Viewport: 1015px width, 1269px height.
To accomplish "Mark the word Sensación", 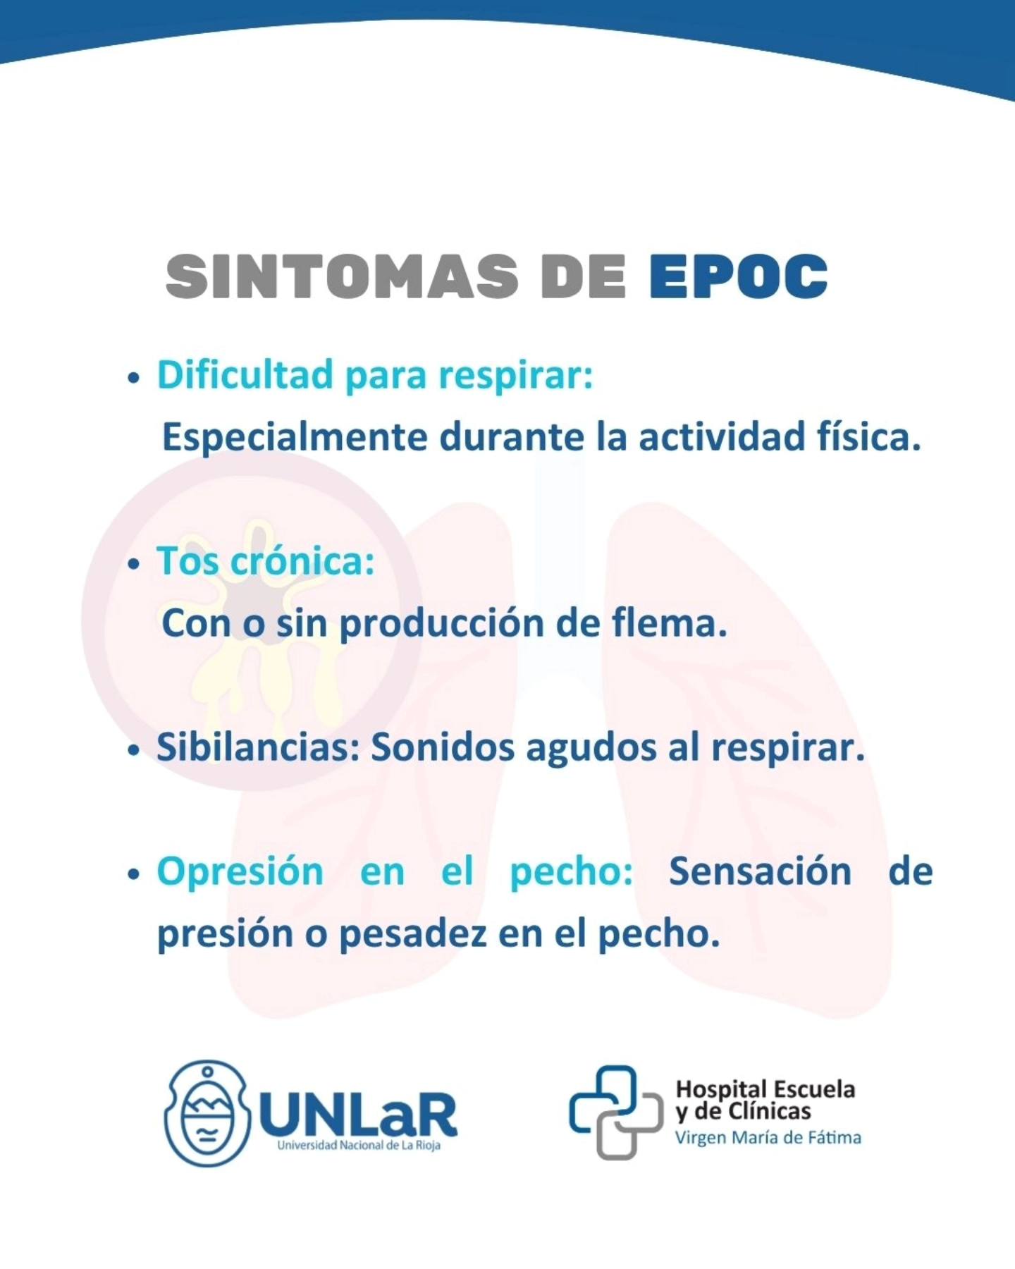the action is pos(760,871).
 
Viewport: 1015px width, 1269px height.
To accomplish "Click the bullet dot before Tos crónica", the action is pos(134,565).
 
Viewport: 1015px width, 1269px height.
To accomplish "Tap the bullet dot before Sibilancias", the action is pos(134,751).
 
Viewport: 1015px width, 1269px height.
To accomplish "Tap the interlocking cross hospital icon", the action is pos(615,1112).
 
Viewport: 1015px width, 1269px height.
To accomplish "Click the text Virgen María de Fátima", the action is pos(768,1138).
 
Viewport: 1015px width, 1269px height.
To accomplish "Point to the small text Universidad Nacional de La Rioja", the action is pos(359,1146).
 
